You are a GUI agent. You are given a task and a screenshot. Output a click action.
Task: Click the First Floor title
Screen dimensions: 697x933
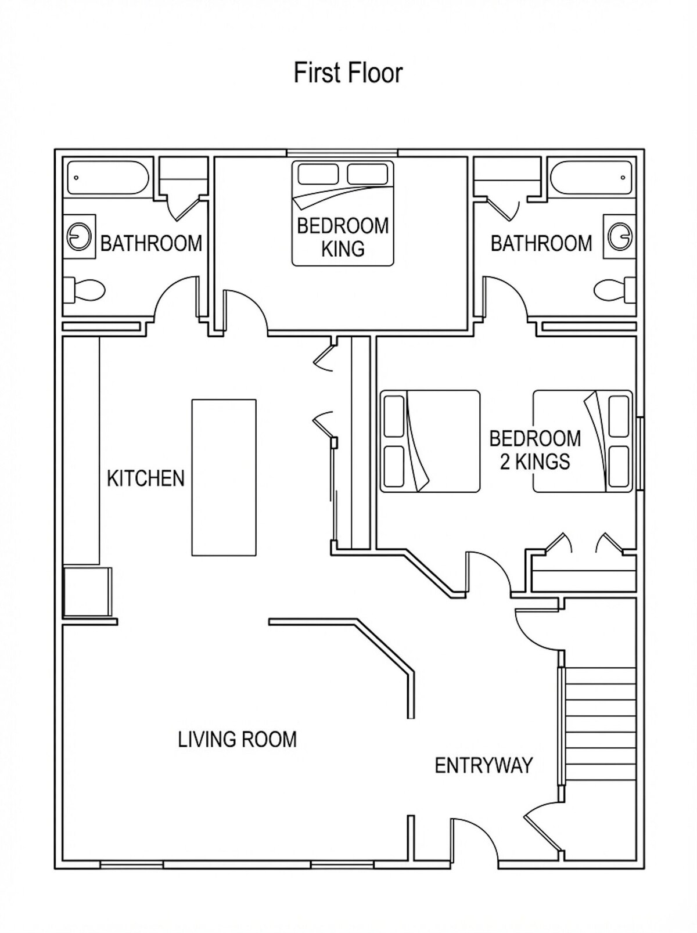tap(347, 73)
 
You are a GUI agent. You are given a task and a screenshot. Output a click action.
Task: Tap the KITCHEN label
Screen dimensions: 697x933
tap(145, 478)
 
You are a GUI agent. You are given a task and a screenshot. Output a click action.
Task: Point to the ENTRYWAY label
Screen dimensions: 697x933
tap(483, 765)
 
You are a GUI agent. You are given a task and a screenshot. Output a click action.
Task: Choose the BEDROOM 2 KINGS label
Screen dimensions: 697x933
tap(535, 450)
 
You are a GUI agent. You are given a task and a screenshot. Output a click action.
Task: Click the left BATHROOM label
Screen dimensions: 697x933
tap(151, 244)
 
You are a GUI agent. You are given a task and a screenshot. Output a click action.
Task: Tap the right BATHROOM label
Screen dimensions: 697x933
tap(541, 244)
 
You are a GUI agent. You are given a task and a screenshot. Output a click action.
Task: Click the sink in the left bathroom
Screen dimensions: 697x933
tap(80, 236)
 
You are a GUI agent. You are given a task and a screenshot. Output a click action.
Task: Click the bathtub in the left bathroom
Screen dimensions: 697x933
tap(108, 178)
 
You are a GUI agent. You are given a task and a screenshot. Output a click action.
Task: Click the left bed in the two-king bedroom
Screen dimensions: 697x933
tap(430, 441)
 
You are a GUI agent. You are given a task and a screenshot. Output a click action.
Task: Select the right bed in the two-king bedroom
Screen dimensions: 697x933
tap(583, 441)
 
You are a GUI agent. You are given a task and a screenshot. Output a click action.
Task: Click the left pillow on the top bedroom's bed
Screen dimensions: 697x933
tap(318, 174)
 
